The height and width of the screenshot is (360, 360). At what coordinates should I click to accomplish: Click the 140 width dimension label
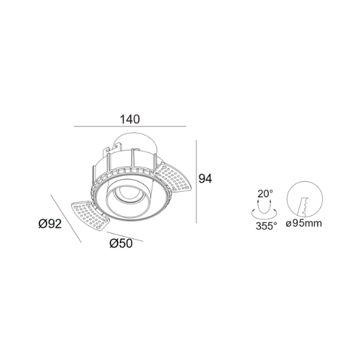(130, 119)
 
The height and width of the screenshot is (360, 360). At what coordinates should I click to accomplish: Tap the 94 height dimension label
(206, 179)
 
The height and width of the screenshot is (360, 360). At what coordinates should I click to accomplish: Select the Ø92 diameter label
(50, 224)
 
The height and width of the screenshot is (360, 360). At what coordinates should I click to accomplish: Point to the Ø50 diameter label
(121, 243)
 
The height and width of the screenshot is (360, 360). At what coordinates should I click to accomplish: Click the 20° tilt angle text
(265, 194)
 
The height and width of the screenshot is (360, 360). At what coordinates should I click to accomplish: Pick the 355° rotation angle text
(266, 226)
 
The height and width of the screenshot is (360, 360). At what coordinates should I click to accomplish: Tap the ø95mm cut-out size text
(304, 223)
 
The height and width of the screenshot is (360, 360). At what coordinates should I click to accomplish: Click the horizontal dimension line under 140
(130, 126)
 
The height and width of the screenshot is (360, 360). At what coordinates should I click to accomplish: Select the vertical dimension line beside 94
(196, 181)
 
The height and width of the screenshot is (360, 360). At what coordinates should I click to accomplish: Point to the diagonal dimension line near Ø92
(66, 219)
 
